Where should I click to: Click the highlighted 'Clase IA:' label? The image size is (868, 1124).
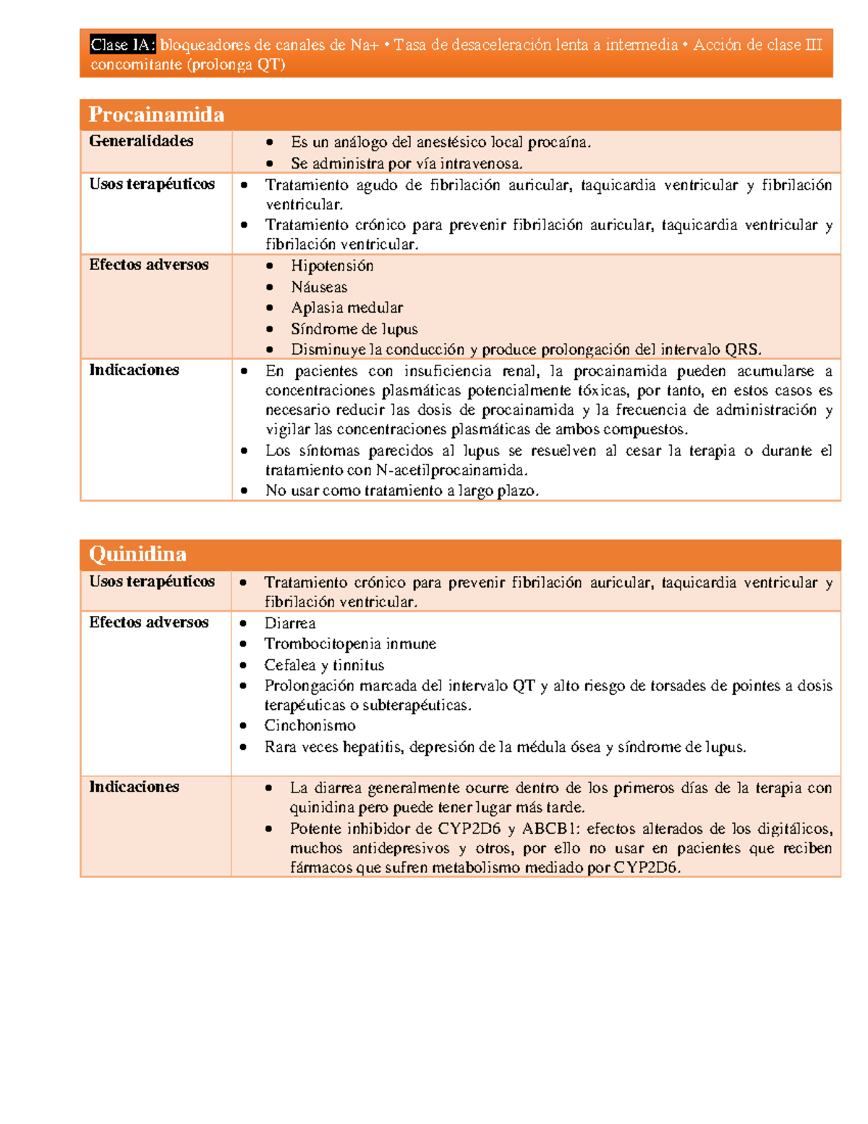coord(122,45)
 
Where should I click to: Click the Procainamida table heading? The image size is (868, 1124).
coord(156,114)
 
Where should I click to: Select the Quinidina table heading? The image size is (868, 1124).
coord(137,554)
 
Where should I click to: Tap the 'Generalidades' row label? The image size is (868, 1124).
coord(141,141)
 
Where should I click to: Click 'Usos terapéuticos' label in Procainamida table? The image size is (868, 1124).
coord(152,184)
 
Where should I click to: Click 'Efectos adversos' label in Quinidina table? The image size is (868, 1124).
coord(149,622)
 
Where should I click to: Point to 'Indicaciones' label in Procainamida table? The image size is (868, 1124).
coord(134,370)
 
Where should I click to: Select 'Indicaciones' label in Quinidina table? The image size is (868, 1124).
coord(134,787)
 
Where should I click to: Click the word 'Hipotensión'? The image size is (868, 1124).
coord(332,266)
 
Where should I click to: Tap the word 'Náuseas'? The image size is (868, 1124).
coord(319,287)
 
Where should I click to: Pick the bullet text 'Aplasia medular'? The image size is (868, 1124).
coord(346,308)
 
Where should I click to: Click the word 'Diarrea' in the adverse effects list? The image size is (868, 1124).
coord(289,623)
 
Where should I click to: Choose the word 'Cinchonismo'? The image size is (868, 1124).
coord(310,725)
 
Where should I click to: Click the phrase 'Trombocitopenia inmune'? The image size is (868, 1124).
coord(350,643)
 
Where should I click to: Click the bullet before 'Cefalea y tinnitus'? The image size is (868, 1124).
coord(244,664)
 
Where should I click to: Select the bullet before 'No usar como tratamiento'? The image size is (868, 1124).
coord(244,490)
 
